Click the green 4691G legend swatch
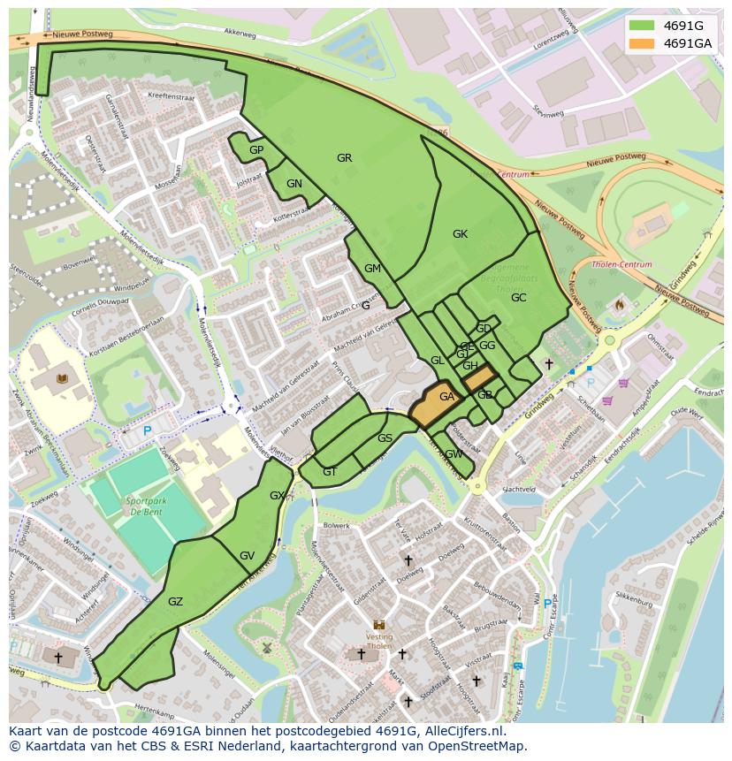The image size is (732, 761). tap(641, 26)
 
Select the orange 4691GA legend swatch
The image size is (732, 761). tap(641, 43)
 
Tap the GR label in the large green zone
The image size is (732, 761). tap(344, 158)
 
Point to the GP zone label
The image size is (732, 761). tap(256, 150)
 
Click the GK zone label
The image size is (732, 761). tap(460, 234)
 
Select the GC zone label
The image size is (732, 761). tap(518, 298)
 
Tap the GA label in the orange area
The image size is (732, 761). tap(446, 398)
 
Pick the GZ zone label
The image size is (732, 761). tap(175, 602)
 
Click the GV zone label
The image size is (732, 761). tap(247, 556)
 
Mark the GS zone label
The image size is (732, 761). tap(385, 438)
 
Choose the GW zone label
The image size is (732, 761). tap(454, 454)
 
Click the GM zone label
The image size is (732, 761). tap(372, 269)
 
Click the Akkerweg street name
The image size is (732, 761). tap(239, 32)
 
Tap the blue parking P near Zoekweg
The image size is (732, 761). tap(148, 430)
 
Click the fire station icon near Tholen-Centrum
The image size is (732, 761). tap(619, 305)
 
